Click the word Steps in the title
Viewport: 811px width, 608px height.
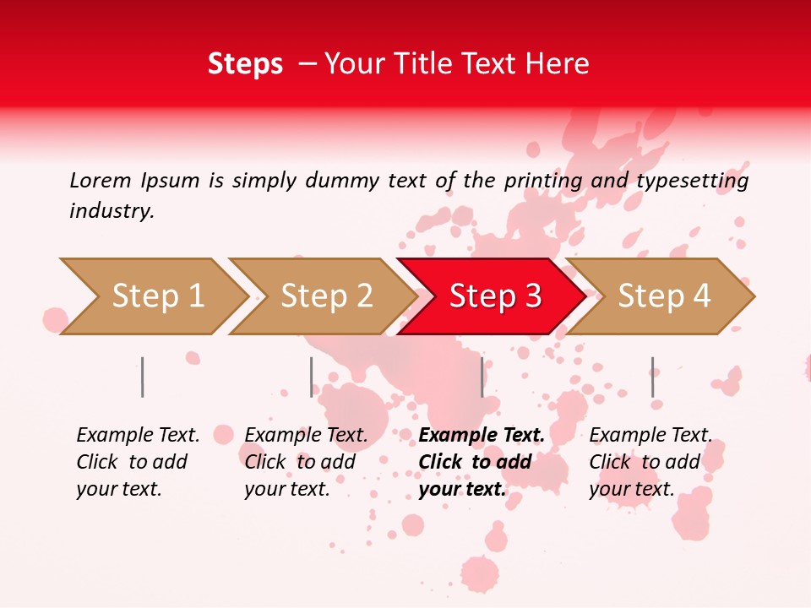point(245,64)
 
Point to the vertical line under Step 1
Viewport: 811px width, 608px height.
point(143,377)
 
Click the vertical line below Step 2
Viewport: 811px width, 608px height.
point(311,377)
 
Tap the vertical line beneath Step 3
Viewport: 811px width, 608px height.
point(482,377)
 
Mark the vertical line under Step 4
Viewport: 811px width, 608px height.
point(652,377)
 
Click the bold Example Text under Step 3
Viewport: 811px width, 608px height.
point(480,462)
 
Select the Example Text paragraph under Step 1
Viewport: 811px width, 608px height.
point(137,462)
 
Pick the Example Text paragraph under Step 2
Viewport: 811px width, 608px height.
point(305,462)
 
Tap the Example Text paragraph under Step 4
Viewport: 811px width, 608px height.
point(649,462)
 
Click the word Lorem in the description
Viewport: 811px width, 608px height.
point(101,181)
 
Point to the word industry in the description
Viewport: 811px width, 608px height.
point(112,211)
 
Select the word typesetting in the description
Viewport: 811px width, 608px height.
point(692,181)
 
